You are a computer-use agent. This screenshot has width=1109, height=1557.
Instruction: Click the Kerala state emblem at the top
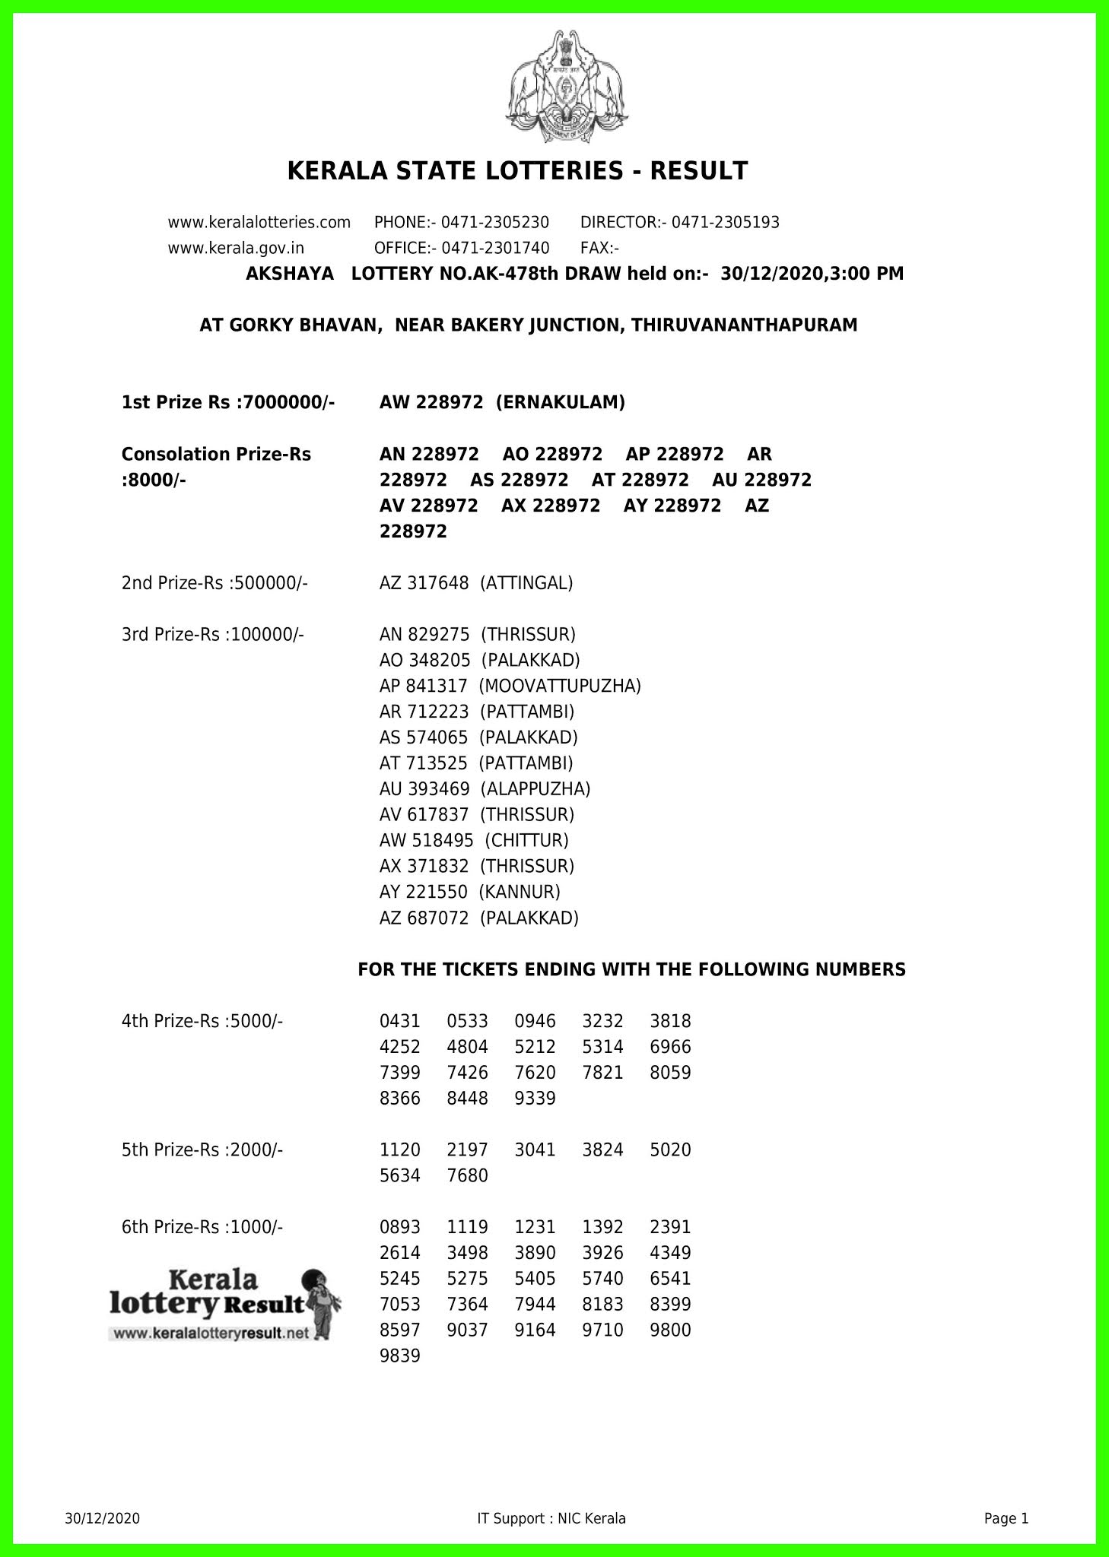tap(567, 85)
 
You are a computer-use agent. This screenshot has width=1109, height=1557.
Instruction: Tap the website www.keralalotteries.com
tap(259, 223)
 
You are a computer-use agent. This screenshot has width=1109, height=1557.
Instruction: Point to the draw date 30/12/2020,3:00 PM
tap(812, 274)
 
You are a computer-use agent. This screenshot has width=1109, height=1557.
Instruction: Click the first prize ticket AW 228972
tap(431, 403)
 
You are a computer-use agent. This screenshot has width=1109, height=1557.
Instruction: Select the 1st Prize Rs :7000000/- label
tap(228, 403)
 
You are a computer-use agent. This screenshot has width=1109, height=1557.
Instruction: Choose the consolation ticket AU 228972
tap(761, 480)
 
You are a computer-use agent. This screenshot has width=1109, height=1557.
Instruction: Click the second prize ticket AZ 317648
tap(424, 583)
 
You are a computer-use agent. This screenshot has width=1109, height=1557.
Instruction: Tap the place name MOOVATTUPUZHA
tap(560, 687)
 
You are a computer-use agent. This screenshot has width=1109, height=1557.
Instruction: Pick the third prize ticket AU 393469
tap(424, 789)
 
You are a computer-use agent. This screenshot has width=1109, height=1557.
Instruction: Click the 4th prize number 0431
tap(399, 1022)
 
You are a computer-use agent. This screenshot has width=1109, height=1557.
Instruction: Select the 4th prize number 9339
tap(535, 1099)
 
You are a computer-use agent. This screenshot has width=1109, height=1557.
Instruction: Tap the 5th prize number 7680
tap(467, 1176)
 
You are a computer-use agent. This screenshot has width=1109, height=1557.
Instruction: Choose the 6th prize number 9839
tap(399, 1356)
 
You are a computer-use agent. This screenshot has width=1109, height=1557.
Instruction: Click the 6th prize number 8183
tap(602, 1305)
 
